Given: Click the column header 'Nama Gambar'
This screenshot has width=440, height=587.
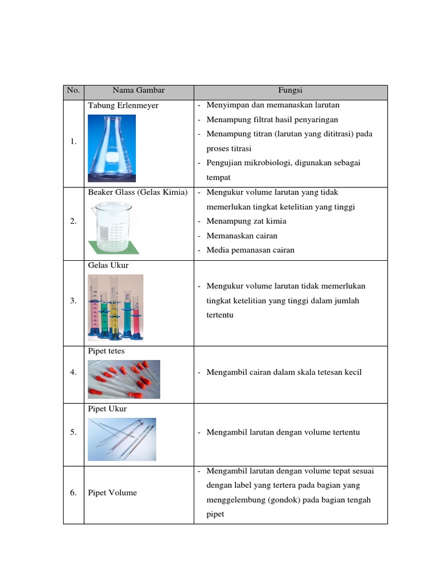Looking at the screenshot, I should pyautogui.click(x=138, y=91).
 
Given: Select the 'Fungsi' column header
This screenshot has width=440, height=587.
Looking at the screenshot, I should pyautogui.click(x=290, y=91).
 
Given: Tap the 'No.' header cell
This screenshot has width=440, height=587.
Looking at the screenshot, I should pyautogui.click(x=73, y=91).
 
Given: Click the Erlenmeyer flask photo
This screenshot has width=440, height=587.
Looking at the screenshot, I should pyautogui.click(x=112, y=148).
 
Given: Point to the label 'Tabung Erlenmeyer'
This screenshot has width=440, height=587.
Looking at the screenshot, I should pyautogui.click(x=123, y=106).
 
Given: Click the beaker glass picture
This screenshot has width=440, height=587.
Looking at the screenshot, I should pyautogui.click(x=113, y=228).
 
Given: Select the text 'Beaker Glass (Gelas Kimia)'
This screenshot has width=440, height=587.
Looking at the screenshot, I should pyautogui.click(x=137, y=193).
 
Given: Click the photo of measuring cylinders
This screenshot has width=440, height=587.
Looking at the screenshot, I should pyautogui.click(x=115, y=307).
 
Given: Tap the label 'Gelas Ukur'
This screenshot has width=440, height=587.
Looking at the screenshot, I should pyautogui.click(x=108, y=265).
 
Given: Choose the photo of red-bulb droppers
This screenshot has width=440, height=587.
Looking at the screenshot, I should pyautogui.click(x=124, y=379).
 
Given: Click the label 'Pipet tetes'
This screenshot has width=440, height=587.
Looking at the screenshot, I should pyautogui.click(x=106, y=351).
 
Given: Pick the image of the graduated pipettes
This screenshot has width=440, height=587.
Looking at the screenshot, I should pyautogui.click(x=121, y=439).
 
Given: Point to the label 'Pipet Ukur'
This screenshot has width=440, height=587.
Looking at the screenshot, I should pyautogui.click(x=107, y=409).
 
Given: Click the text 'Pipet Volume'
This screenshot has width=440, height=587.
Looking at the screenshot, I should pyautogui.click(x=112, y=493).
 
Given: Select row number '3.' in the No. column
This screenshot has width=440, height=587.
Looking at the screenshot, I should pyautogui.click(x=73, y=300).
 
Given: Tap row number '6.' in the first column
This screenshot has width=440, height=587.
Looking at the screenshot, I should pyautogui.click(x=73, y=492).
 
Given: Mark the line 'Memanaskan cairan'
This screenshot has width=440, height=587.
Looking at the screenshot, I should pyautogui.click(x=242, y=236).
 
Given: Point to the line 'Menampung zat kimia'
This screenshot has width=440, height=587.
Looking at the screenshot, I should pyautogui.click(x=246, y=221).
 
